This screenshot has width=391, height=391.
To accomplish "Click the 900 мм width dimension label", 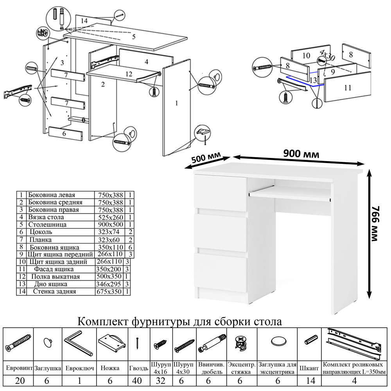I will (301, 154).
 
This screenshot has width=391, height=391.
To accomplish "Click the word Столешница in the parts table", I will (47, 224).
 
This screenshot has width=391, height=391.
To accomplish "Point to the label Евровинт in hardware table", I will (19, 368).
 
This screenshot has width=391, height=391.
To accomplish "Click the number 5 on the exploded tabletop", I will (133, 37).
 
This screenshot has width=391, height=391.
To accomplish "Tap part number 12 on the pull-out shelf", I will (129, 74).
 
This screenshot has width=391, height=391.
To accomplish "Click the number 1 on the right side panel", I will (177, 103).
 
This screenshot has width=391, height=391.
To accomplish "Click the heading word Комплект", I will (102, 322).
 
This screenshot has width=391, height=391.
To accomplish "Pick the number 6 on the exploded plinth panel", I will (63, 133).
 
